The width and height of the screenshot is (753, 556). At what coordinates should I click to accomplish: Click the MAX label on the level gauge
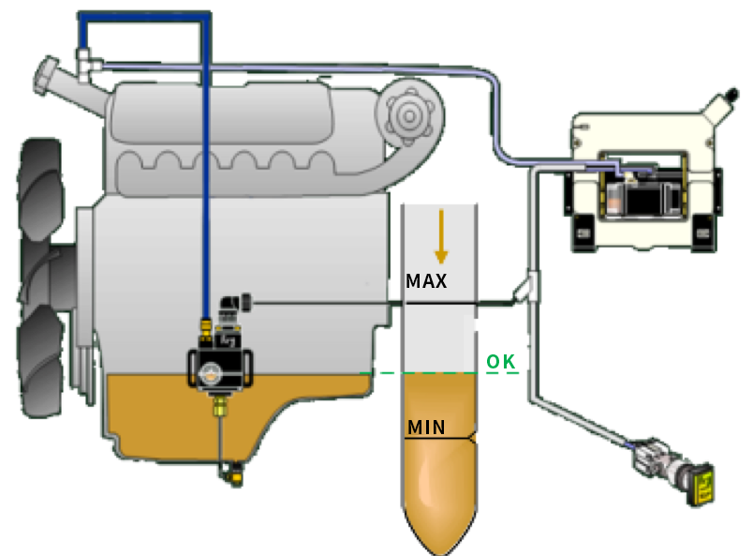[x=426, y=280]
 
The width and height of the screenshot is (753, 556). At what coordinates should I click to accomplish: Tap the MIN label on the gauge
[x=426, y=428]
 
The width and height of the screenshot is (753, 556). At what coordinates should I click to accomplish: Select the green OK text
[x=499, y=360]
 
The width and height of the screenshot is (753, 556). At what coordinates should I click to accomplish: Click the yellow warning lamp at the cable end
[x=702, y=485]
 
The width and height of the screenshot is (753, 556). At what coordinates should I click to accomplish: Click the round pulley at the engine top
[x=409, y=114]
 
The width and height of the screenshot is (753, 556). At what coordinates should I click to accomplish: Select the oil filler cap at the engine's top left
[x=47, y=75]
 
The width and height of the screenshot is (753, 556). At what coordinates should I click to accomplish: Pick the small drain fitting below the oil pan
[x=233, y=475]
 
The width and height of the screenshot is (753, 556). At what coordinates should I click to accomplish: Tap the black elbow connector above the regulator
[x=228, y=304]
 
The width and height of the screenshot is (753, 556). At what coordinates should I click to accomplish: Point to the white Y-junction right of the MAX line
[x=527, y=288]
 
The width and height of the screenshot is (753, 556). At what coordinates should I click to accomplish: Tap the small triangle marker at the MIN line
[x=474, y=437]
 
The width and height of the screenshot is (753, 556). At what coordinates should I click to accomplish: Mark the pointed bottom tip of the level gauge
[x=441, y=550]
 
